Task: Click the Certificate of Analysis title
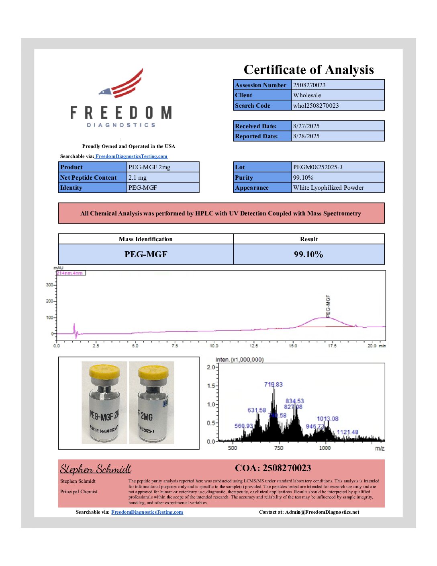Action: point(308,70)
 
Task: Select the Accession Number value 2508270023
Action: point(309,85)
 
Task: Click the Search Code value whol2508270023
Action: point(316,105)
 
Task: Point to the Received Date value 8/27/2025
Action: point(306,126)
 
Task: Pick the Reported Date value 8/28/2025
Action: point(306,136)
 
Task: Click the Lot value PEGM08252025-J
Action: point(317,167)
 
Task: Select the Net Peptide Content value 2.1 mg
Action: point(137,177)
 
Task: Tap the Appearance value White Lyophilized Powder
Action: point(328,187)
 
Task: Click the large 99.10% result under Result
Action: point(308,254)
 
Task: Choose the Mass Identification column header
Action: point(145,239)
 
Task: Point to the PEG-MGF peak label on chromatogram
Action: point(328,306)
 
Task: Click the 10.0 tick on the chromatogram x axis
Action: point(214,346)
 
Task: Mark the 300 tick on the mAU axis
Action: point(49,285)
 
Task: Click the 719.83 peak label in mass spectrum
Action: point(273,384)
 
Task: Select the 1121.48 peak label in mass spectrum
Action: point(347,432)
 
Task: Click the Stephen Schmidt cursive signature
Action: point(96,469)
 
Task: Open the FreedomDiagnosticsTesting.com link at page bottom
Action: point(147,512)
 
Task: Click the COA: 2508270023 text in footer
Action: point(273,468)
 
